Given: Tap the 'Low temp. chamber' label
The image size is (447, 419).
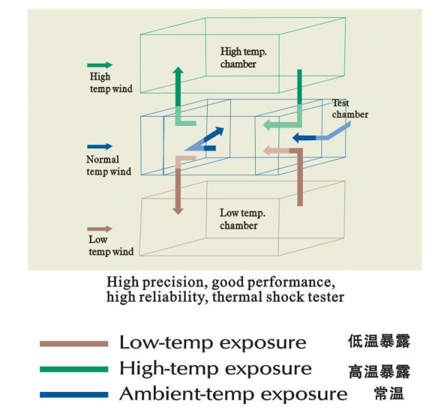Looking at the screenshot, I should [x=242, y=219].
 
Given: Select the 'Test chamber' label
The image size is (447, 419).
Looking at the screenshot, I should [x=349, y=109].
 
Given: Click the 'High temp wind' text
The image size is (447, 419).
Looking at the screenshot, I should [x=110, y=82].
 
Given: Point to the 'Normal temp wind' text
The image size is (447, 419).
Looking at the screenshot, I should [x=108, y=165].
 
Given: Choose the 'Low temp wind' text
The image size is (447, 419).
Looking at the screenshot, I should [x=110, y=246].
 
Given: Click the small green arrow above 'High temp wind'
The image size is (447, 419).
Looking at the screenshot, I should [x=100, y=65].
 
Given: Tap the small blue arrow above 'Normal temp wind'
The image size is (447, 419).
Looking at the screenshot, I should [x=100, y=147].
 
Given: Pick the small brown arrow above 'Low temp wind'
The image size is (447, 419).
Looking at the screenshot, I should [x=100, y=229].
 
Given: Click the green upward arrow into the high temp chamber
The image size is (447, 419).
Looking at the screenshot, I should [x=177, y=92].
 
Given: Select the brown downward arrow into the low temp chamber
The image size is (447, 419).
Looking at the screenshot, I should [x=177, y=188].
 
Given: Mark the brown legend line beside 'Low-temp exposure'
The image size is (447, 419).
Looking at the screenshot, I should [x=74, y=344].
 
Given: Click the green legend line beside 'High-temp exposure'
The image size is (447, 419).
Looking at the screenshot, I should [x=74, y=369].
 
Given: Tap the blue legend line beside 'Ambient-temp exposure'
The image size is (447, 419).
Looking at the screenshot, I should [x=74, y=395].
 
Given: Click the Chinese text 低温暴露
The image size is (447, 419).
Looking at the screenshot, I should [x=379, y=342].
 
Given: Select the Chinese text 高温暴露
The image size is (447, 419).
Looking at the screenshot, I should [x=379, y=372].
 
